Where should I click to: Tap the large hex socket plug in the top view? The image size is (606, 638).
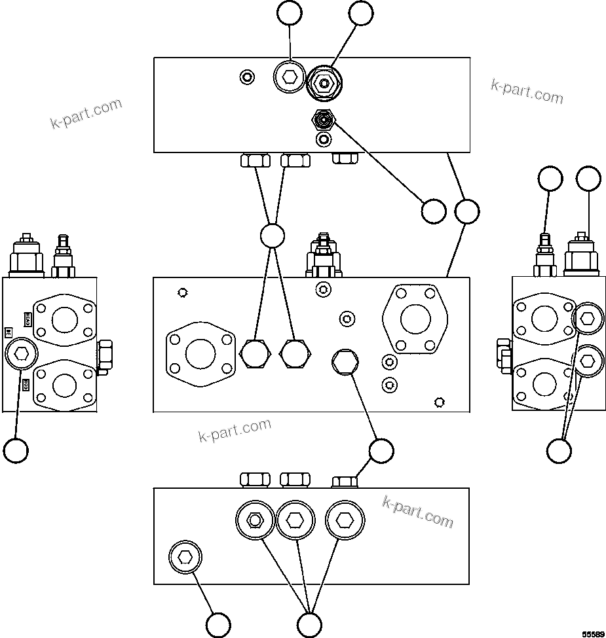coord(289,78)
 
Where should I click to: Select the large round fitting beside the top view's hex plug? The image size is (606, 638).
coord(322,83)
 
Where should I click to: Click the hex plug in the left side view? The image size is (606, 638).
coord(21,354)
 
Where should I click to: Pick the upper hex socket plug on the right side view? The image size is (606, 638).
coord(587,319)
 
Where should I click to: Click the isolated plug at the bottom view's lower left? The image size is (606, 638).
coord(185,558)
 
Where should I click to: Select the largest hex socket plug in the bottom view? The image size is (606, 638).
coord(345,520)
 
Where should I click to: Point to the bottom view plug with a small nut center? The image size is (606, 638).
coord(255,520)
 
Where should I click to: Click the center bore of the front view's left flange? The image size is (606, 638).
coord(200,354)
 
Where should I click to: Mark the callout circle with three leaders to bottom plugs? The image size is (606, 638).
coord(309,624)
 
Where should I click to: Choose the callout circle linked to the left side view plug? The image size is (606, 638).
coord(16,450)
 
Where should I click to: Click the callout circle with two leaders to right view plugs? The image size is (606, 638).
coord(559,450)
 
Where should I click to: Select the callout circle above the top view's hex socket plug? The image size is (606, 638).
coord(289,13)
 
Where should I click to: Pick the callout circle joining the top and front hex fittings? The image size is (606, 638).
coord(272,236)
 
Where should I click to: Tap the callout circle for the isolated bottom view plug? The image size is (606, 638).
coord(218,624)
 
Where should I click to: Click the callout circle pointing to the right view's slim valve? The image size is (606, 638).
coord(550,179)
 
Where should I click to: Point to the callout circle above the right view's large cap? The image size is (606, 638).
coord(588,179)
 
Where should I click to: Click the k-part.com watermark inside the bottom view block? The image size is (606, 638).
coord(417,511)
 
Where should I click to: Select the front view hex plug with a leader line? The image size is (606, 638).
coord(345,360)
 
